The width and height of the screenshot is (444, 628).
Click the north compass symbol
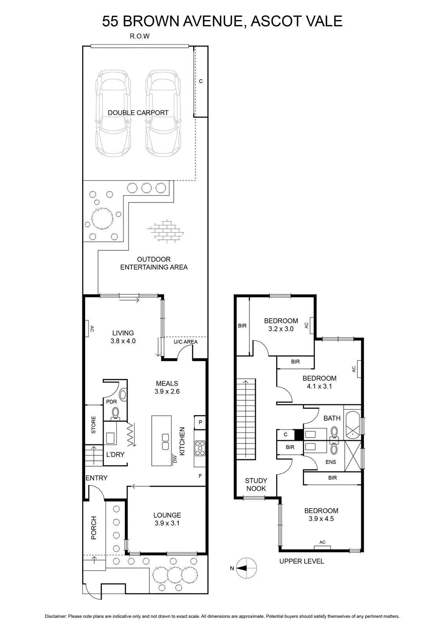pyautogui.click(x=246, y=568)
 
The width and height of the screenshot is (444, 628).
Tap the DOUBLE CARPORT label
pyautogui.click(x=138, y=113)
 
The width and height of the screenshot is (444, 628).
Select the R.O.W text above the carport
pyautogui.click(x=140, y=36)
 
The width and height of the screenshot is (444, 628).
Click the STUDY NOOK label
pyautogui.click(x=256, y=484)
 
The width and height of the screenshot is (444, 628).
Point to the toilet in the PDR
pyautogui.click(x=115, y=414)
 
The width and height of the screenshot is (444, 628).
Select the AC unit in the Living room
pyautogui.click(x=87, y=329)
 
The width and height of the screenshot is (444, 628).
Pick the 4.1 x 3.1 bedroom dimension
pyautogui.click(x=319, y=386)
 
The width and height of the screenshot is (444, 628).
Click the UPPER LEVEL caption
pyautogui.click(x=302, y=561)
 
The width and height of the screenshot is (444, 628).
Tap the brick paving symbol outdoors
pyautogui.click(x=165, y=230)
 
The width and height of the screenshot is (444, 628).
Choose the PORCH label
pyautogui.click(x=94, y=528)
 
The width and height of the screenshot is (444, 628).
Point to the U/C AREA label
pyautogui.click(x=186, y=342)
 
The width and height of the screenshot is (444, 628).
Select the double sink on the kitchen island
pyautogui.click(x=165, y=442)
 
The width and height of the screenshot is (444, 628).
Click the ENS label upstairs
pyautogui.click(x=331, y=462)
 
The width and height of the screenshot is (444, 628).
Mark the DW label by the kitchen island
pyautogui.click(x=175, y=459)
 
